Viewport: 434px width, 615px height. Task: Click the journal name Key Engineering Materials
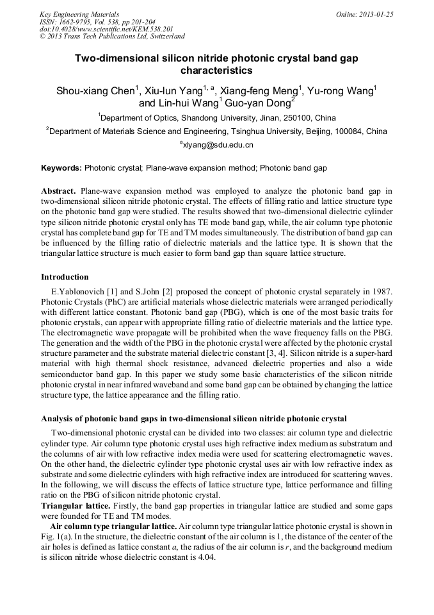tap(79, 14)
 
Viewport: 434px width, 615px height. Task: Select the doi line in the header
tap(106, 29)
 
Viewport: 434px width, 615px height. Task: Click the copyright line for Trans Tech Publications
tap(112, 37)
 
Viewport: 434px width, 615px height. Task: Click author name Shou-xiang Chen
tap(97, 91)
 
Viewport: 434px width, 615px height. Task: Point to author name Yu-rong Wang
tap(342, 91)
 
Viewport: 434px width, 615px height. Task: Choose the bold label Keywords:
tap(61, 168)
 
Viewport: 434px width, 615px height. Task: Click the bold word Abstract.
tap(59, 191)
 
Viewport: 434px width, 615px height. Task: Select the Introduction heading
tap(65, 277)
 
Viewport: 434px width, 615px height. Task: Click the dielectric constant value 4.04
tap(205, 558)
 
